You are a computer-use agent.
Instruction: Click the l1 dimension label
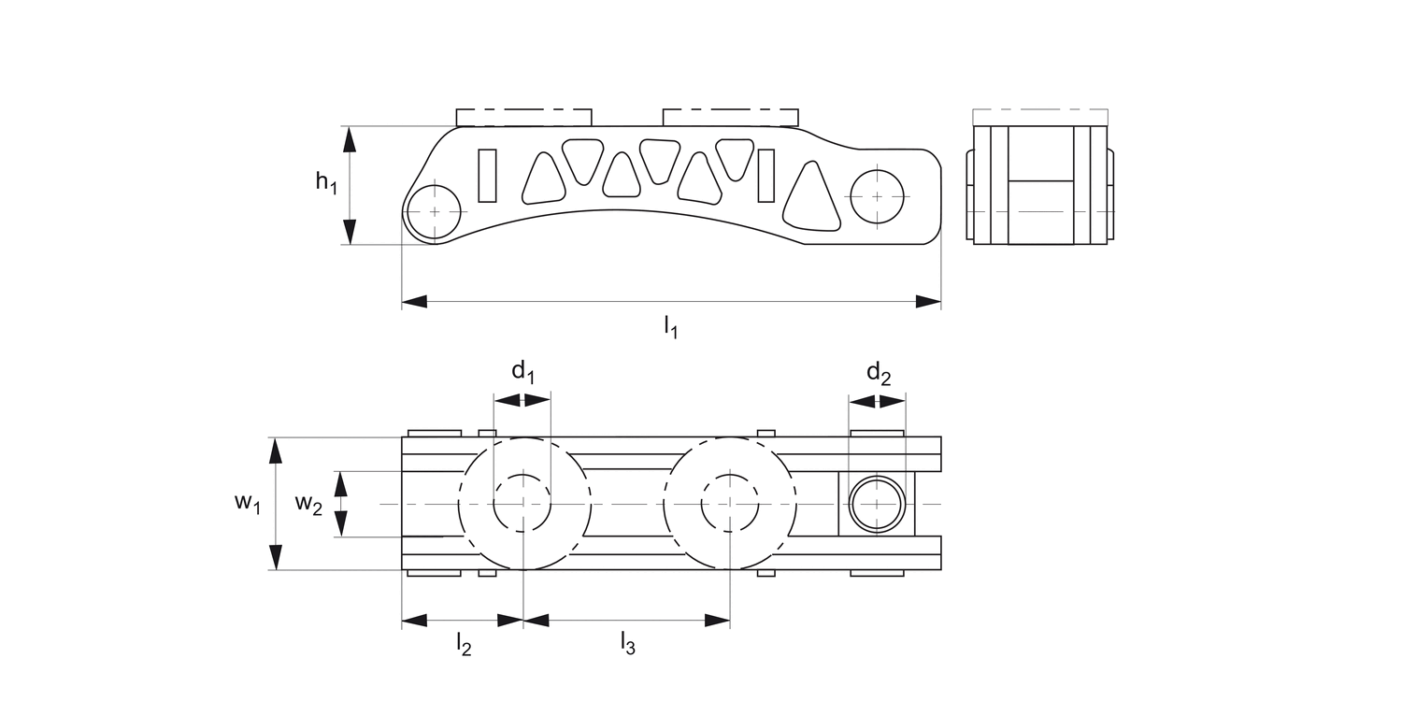[x=670, y=327]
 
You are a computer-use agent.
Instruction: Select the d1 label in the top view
[x=522, y=372]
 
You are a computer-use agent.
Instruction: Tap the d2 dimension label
[x=878, y=374]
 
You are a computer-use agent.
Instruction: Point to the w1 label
[x=247, y=503]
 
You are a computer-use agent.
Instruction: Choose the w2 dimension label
[x=308, y=504]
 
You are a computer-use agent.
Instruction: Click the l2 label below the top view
[x=463, y=644]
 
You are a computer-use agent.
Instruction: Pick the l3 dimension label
[x=627, y=644]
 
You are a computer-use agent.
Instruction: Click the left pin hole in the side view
[x=435, y=212]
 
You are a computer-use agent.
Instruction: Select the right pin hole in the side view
[x=878, y=196]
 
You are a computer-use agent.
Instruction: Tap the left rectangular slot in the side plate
[x=487, y=175]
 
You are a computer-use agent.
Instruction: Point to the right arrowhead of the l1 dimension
[x=928, y=301]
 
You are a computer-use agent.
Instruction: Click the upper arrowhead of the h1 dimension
[x=350, y=139]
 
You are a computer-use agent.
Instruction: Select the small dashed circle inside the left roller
[x=522, y=504]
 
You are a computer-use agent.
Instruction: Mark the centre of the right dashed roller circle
[x=730, y=504]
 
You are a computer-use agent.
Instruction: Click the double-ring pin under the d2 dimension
[x=878, y=504]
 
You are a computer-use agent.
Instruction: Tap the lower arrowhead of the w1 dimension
[x=275, y=557]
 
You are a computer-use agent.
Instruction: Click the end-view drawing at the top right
[x=1040, y=184]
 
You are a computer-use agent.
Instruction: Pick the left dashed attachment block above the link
[x=523, y=117]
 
